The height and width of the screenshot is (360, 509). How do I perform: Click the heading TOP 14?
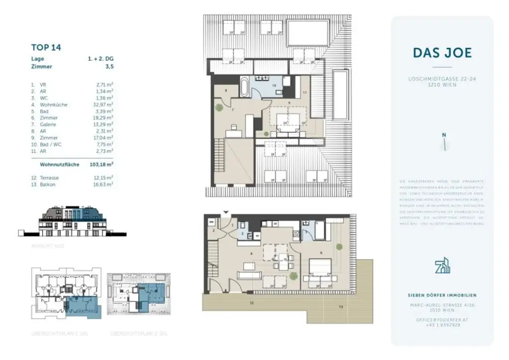(x=46, y=48)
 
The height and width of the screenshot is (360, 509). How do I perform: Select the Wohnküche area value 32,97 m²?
(x=104, y=105)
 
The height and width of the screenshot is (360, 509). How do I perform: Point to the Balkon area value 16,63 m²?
(x=104, y=184)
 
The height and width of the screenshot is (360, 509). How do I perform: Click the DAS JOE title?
(x=441, y=53)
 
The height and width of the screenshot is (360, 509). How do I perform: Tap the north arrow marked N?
(x=444, y=142)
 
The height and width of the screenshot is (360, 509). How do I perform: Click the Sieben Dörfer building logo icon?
(x=441, y=266)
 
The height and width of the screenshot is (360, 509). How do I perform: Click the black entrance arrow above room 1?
(x=227, y=213)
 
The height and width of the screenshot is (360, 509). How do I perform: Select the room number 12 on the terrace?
(x=252, y=302)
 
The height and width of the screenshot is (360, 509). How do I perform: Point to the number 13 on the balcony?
(x=340, y=307)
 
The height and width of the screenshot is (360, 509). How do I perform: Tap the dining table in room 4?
(x=282, y=258)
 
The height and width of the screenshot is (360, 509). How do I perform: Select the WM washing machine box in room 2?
(x=211, y=222)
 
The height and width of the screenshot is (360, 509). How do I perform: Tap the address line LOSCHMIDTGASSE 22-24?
(x=441, y=79)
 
